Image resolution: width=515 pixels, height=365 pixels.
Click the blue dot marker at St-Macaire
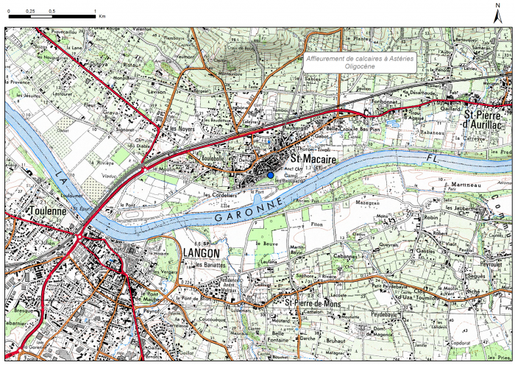point(270,174)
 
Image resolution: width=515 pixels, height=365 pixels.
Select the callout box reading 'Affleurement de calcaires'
point(360,62)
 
